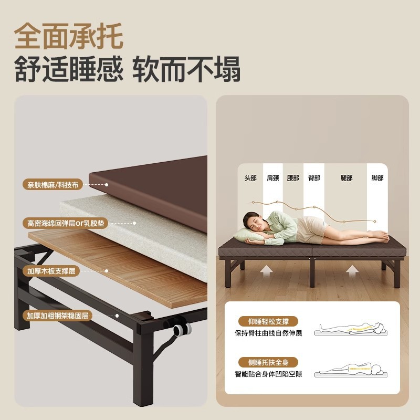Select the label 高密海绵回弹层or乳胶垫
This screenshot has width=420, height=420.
(x=67, y=223)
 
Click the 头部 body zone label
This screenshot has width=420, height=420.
(x=250, y=178)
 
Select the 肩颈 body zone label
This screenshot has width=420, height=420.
(x=272, y=178)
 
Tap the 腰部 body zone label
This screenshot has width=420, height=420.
(x=293, y=178)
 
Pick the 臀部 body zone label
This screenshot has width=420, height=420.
(x=314, y=178)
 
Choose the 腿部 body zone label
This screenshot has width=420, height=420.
(x=346, y=178)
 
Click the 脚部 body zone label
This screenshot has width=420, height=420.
(x=377, y=178)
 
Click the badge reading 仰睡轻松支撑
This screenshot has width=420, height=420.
(x=268, y=321)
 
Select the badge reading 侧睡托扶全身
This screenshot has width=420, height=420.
(x=268, y=362)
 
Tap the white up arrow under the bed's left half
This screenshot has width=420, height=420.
(x=267, y=271)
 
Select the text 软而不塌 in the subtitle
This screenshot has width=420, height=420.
(x=186, y=69)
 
